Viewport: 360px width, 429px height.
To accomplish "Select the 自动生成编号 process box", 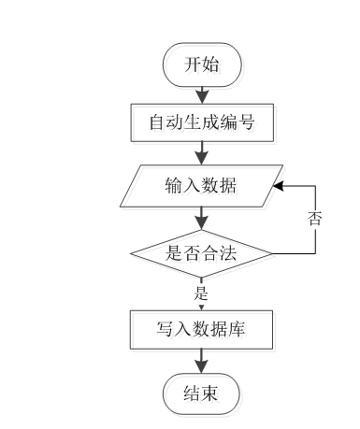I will [200, 121].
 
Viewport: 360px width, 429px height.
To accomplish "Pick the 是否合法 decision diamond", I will [202, 252].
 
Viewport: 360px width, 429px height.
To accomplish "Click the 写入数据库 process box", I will [201, 329].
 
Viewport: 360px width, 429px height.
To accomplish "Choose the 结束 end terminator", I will [201, 394].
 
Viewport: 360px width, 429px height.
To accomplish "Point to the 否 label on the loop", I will [315, 220].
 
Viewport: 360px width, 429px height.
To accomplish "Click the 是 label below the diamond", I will [201, 292].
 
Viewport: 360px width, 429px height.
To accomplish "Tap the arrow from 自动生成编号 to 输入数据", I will [202, 152].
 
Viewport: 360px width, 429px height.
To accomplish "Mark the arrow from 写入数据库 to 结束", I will [202, 362].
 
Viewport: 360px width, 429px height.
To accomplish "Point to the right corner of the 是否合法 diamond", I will [273, 252].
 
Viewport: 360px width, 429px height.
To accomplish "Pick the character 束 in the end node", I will [212, 394].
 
